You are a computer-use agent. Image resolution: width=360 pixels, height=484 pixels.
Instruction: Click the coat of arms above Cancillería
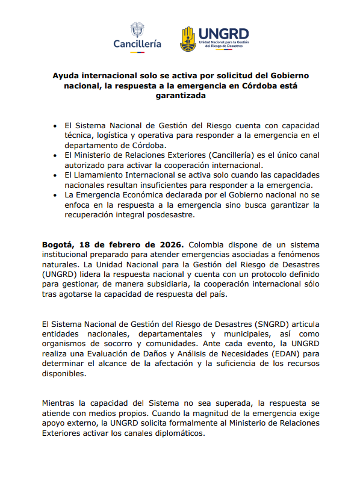click(x=137, y=30)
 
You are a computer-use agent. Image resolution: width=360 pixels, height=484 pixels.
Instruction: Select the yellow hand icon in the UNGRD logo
click(x=188, y=39)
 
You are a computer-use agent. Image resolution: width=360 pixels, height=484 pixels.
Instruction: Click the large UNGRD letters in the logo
click(x=223, y=34)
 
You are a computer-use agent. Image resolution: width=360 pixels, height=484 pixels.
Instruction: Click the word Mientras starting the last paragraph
click(x=62, y=402)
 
